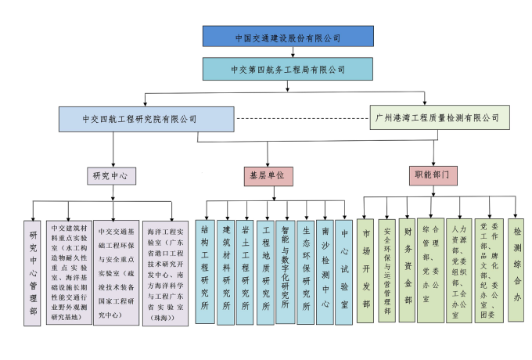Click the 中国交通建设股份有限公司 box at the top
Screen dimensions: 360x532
click(288, 37)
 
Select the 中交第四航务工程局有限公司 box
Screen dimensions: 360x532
click(288, 69)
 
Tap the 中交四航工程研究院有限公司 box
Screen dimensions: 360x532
click(146, 119)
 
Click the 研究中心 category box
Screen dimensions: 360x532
click(110, 175)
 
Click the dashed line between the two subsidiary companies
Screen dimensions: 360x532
click(301, 119)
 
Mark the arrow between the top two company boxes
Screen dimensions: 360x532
click(293, 52)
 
